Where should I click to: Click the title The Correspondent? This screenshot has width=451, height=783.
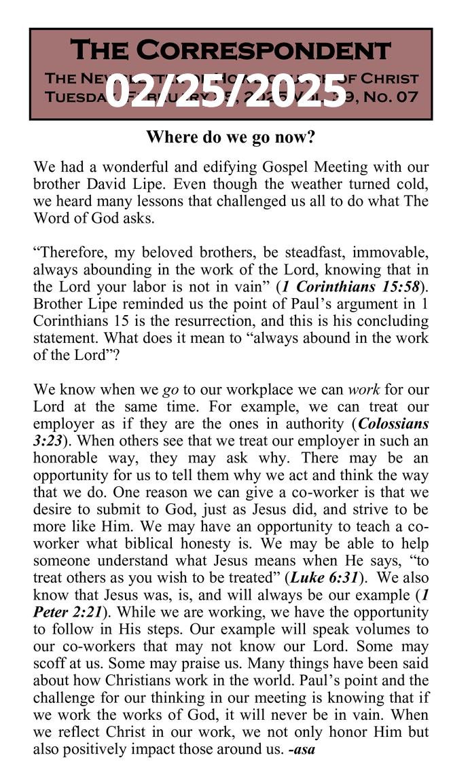(x=230, y=51)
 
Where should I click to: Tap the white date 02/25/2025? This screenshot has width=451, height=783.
(x=226, y=91)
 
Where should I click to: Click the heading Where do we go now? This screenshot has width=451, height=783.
(x=230, y=138)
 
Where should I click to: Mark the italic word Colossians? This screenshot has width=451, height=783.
(x=393, y=424)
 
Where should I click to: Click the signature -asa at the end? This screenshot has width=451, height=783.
(x=302, y=749)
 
